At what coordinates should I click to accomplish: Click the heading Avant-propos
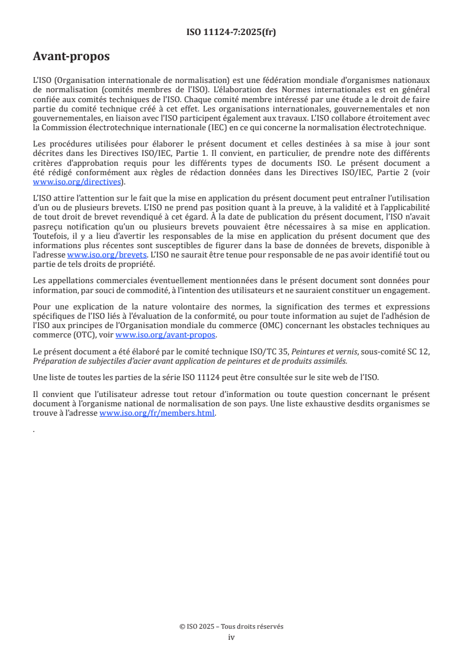click(x=71, y=57)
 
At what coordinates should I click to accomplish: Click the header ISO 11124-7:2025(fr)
click(x=231, y=32)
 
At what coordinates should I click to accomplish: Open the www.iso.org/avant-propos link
click(x=166, y=335)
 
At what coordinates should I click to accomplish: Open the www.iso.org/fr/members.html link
click(x=158, y=413)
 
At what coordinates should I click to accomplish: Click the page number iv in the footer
click(x=231, y=637)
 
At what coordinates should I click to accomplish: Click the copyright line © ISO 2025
click(x=231, y=626)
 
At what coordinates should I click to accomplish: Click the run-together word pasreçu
click(x=48, y=227)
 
